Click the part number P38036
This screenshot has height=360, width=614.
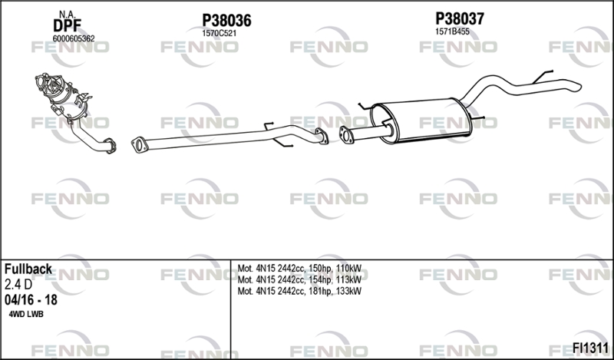coord(226,21)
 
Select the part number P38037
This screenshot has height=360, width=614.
coord(460,18)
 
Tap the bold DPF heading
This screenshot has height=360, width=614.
coord(67,26)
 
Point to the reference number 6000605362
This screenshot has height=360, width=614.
coord(74,39)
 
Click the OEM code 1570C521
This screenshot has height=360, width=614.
coord(219,34)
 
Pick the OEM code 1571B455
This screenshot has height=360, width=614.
coord(452,31)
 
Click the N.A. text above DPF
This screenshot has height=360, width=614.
coord(67,15)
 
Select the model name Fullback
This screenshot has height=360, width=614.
coord(28,269)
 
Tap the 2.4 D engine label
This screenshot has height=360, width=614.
coord(18,285)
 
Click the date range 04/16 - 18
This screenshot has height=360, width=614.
coord(31,300)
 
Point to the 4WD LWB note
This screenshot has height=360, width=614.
coord(26,315)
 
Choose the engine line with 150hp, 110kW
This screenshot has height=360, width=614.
coord(299,269)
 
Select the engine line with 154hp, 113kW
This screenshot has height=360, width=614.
coord(299,279)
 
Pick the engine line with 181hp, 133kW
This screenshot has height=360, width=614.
coord(299,291)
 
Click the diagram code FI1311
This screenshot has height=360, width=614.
coord(590,348)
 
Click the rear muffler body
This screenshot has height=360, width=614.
coord(421,121)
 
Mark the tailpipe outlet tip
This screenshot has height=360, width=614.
coord(579,86)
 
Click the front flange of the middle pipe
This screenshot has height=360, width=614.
coord(139,144)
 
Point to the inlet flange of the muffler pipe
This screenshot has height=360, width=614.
coord(346,135)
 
